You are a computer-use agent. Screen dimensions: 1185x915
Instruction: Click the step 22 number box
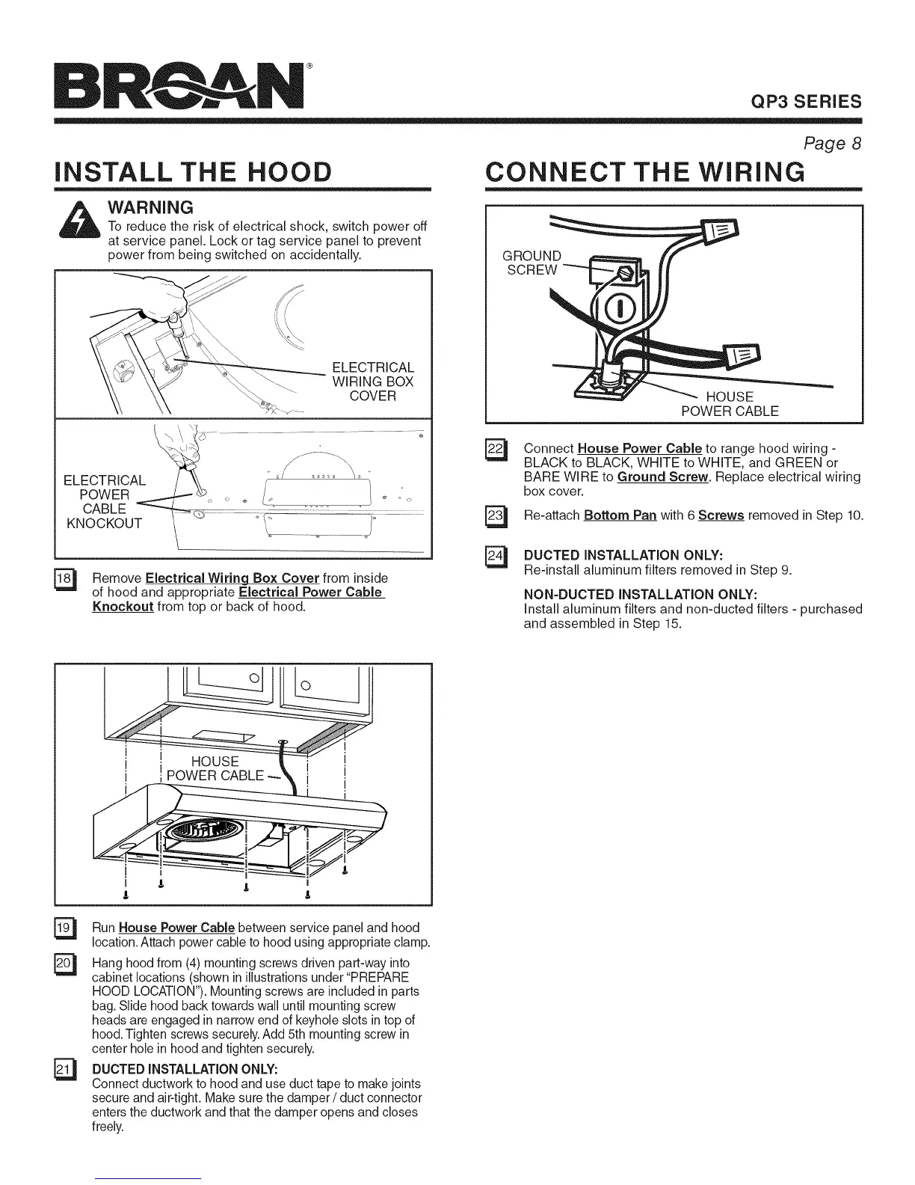tap(495, 450)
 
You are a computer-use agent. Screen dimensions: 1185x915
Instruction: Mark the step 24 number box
tap(495, 557)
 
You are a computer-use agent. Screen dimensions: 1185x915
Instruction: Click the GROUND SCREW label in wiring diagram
tap(532, 263)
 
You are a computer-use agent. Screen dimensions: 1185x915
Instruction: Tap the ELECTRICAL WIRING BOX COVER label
tap(372, 382)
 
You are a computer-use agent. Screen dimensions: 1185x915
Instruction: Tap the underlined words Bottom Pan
tap(620, 515)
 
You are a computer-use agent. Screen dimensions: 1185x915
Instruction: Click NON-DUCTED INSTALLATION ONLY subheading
tap(641, 594)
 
